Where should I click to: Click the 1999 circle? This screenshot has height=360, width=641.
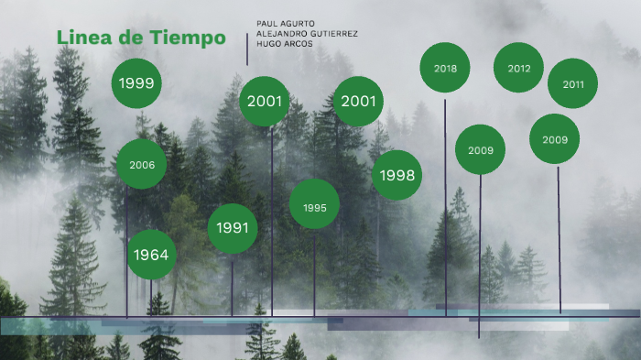click(x=136, y=83)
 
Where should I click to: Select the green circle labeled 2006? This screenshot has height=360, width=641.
click(x=142, y=165)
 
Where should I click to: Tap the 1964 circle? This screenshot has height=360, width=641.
click(x=151, y=254)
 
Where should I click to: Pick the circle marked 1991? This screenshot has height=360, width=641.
click(x=233, y=228)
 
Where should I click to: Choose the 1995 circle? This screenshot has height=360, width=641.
click(x=314, y=208)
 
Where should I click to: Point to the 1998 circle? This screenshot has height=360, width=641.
click(x=397, y=175)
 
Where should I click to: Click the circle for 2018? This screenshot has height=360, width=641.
click(x=445, y=69)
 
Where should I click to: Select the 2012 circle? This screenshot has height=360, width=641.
click(x=518, y=69)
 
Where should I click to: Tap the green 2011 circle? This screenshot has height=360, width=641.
click(x=573, y=84)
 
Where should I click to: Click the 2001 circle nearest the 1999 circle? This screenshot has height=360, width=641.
click(x=265, y=101)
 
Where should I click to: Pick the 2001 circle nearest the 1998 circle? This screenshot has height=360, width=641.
click(x=358, y=101)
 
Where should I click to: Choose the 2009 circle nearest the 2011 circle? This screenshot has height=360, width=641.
click(x=555, y=139)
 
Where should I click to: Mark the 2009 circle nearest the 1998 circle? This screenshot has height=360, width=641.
click(x=481, y=150)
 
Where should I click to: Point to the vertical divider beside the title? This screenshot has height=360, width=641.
click(x=247, y=49)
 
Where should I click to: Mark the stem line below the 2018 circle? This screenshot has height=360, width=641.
click(x=446, y=202)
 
